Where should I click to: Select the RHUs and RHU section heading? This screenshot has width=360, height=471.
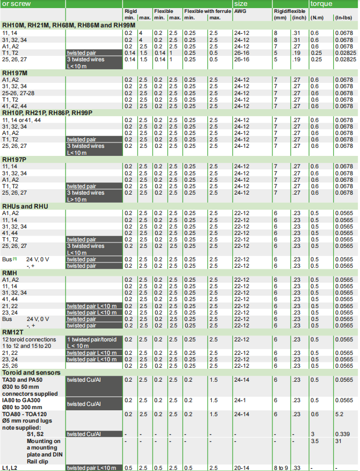coord(25,206)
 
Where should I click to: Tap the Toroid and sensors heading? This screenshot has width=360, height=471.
coord(31,372)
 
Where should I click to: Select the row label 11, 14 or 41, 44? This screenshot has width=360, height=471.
coord(25,120)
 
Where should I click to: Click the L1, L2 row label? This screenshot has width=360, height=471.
coord(10,468)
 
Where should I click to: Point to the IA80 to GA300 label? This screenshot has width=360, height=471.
coord(21,400)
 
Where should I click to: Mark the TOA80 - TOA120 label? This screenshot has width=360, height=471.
coord(25,414)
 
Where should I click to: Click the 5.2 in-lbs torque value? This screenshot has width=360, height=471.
coord(339,414)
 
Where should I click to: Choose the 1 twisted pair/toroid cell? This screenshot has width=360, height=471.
coord(92,339)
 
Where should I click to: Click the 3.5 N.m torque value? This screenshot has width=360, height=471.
coord(314,440)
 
